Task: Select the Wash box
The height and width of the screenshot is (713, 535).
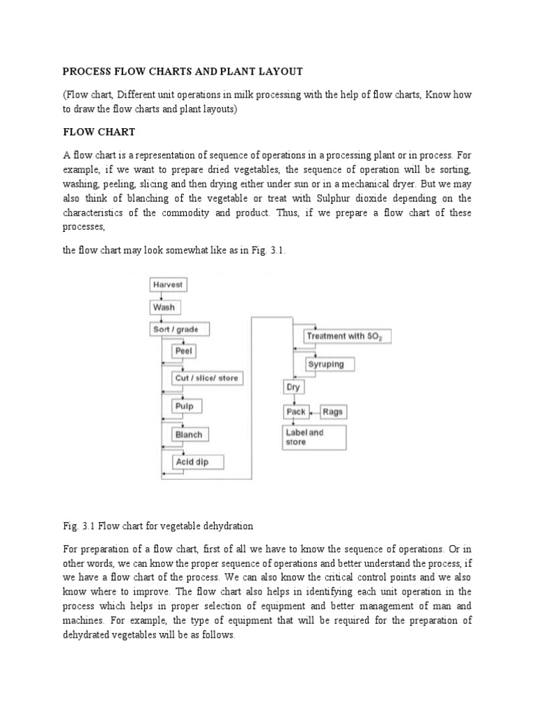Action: [164, 307]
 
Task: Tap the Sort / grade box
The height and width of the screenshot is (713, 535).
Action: [180, 329]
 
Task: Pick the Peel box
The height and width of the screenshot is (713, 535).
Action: [184, 352]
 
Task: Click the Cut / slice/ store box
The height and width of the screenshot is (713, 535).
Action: [207, 378]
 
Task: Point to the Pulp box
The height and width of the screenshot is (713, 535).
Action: [185, 406]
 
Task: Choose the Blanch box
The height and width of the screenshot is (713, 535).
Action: [189, 434]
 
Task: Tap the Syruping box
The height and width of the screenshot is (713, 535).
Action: [326, 364]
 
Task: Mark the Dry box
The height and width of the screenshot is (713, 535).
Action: [293, 387]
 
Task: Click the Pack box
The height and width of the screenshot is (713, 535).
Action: [296, 412]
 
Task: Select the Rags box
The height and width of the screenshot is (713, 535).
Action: [333, 412]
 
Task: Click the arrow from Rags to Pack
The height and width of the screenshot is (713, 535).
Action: [315, 412]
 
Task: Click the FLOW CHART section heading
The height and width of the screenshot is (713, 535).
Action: [98, 132]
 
